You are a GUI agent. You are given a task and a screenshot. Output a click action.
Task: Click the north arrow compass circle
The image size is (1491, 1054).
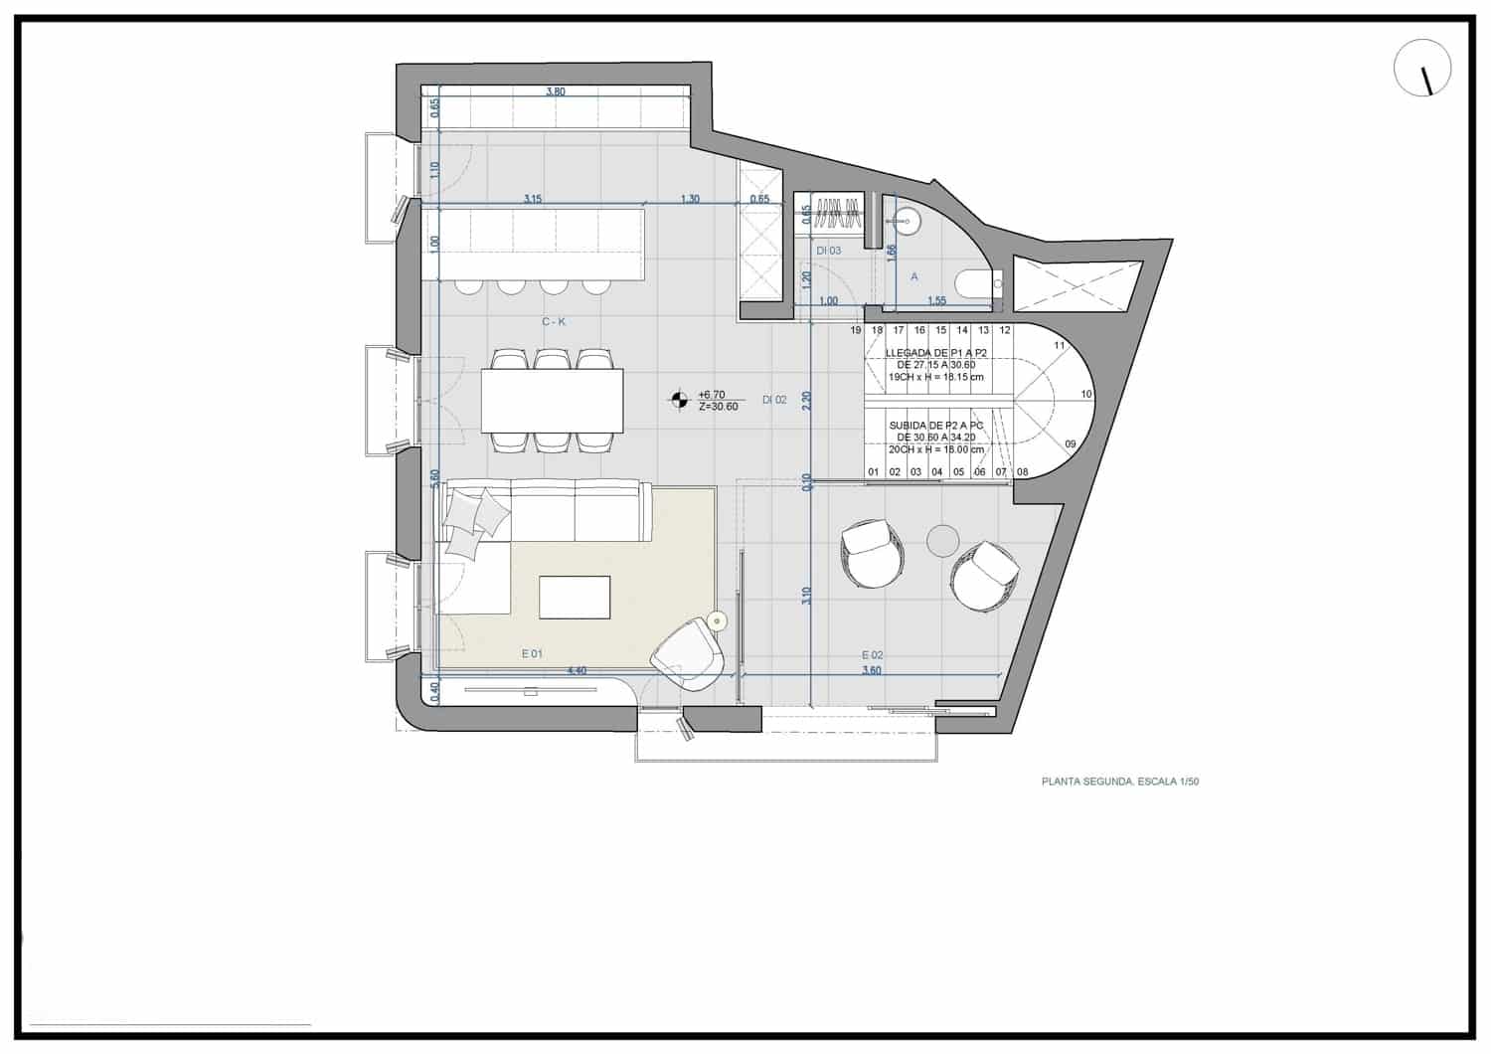point(1422,69)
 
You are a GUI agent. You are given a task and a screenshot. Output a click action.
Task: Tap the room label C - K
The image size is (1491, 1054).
point(554,321)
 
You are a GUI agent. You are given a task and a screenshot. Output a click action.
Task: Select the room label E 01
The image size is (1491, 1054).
point(532,653)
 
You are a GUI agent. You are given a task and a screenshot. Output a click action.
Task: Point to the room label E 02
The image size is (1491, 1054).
point(872,654)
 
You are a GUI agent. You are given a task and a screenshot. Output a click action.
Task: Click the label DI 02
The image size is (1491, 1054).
point(774,400)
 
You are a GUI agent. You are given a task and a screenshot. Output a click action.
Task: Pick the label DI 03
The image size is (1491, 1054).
point(828,251)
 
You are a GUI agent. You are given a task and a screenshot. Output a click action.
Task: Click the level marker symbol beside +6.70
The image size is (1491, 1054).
point(679,400)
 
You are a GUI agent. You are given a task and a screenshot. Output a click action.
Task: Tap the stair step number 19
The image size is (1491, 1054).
point(856,330)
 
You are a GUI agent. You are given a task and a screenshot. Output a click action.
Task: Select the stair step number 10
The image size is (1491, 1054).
point(1086,394)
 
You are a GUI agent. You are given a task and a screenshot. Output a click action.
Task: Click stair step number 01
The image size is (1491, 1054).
point(873,472)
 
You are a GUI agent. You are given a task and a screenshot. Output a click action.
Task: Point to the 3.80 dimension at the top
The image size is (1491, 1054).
point(556,91)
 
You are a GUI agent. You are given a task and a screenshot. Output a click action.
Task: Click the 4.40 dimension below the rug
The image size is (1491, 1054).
point(576,670)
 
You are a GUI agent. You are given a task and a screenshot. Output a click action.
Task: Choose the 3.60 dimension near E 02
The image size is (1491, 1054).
point(871,670)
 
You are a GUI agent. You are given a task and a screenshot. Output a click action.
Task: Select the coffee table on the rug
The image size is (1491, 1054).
point(575,597)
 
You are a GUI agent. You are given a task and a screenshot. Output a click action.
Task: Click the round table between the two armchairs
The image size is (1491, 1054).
point(942,540)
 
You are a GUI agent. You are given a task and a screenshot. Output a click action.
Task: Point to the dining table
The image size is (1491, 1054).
point(553,400)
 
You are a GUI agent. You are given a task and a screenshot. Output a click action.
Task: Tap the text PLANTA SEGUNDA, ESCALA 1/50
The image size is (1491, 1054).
point(1120,782)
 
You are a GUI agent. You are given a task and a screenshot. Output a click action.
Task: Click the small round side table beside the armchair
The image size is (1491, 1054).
point(718,621)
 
